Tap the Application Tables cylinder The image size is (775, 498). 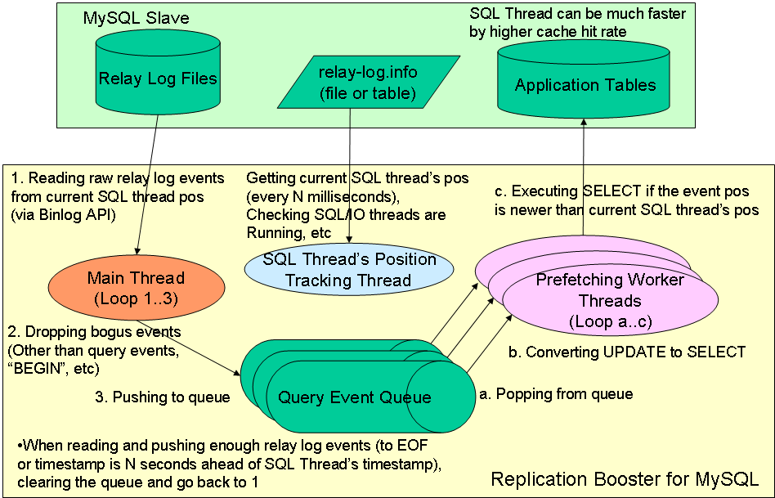(x=585, y=84)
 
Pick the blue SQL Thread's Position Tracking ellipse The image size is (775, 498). (x=349, y=270)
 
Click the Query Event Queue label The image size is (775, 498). (x=355, y=398)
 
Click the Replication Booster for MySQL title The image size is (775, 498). (x=624, y=478)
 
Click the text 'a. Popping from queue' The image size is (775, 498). (x=556, y=394)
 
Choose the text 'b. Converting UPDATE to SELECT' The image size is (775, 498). (x=627, y=352)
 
